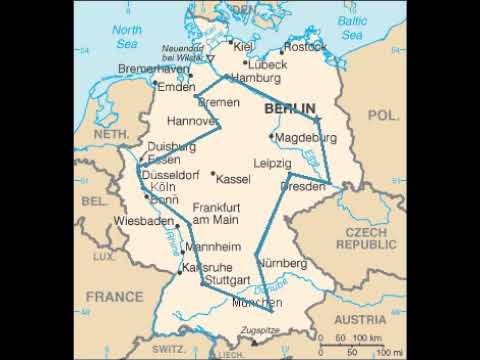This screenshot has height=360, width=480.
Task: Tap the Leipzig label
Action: (x=272, y=162)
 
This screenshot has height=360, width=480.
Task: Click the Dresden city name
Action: (x=304, y=187)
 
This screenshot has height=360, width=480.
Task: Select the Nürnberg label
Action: (x=280, y=263)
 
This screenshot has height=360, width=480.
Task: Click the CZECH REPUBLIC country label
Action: (x=371, y=238)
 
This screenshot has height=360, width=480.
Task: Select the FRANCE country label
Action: (x=113, y=296)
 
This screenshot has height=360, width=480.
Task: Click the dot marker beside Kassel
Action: (x=212, y=172)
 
